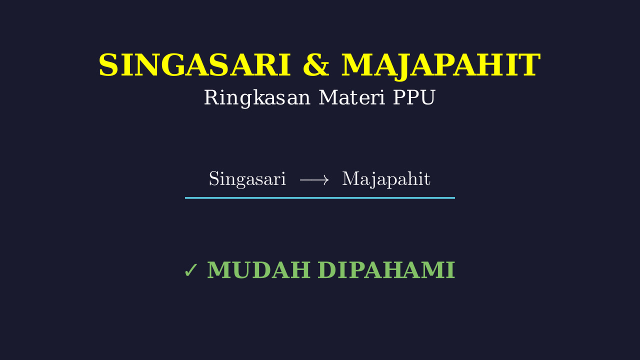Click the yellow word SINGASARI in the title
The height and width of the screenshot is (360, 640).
(194, 65)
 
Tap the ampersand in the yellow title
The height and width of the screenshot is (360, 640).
(316, 65)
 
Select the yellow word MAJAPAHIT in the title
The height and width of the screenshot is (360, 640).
(441, 65)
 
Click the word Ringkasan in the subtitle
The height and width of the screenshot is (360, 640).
(257, 98)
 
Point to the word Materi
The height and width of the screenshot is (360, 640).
(351, 97)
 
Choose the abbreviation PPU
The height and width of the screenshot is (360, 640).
(414, 97)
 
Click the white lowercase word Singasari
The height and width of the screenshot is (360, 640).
(247, 179)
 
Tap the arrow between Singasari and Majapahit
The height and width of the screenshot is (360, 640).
(314, 180)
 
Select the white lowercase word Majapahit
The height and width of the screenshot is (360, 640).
(386, 179)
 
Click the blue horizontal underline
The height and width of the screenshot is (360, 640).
(319, 197)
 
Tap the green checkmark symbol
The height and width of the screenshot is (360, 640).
(190, 270)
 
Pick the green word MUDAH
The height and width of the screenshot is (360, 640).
(259, 269)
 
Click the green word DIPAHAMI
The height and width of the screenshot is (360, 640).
(386, 269)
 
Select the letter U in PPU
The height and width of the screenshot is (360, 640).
(426, 98)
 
